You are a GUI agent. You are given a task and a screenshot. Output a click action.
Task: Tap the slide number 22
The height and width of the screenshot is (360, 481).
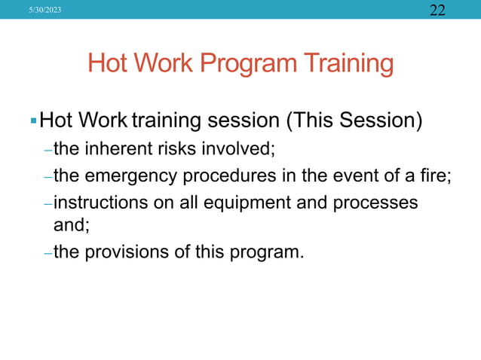point(438,10)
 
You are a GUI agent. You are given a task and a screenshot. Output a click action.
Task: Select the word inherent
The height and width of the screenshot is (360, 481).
point(112,148)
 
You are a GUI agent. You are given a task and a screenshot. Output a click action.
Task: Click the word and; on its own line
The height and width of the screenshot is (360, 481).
point(69,224)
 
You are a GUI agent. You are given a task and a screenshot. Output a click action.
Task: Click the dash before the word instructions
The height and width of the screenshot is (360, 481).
point(47,204)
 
